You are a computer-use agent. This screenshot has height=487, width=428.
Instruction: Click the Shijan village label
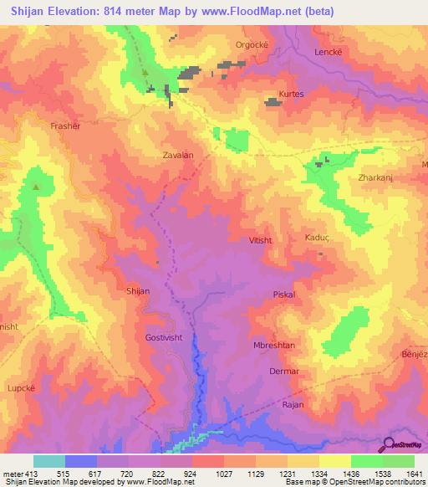coord(137,290)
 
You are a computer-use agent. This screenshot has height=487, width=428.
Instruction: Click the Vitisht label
coord(261,240)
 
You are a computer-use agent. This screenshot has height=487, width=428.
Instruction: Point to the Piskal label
coord(285,295)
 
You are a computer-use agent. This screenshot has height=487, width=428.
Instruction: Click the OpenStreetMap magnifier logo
coord(389,444)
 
